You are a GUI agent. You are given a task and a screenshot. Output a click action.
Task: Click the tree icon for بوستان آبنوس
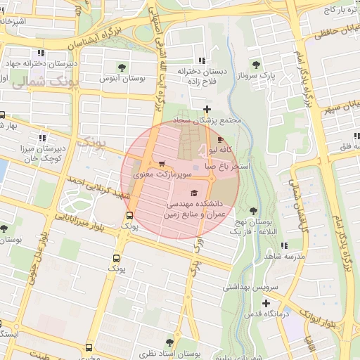tap(122, 67)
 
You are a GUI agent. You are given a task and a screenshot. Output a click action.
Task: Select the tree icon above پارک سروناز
tap(264, 64)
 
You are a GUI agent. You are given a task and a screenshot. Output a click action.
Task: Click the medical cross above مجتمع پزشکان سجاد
tap(206, 109)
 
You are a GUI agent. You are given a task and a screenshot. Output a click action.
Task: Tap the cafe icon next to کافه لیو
tap(222, 140)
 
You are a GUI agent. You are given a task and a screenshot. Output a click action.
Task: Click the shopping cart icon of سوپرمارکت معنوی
tap(162, 164)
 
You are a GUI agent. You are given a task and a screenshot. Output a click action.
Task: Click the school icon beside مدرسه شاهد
tap(284, 245)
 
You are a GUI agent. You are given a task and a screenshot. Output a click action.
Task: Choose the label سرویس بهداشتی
tap(251, 287)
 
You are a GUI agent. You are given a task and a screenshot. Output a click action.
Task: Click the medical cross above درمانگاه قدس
tap(266, 304)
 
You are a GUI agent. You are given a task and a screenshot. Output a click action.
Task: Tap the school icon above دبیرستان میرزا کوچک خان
tap(43, 138)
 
